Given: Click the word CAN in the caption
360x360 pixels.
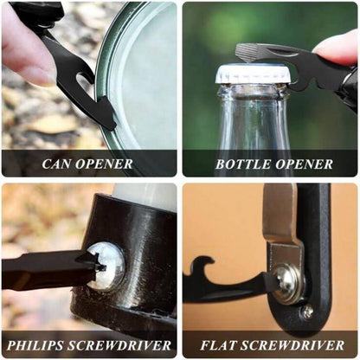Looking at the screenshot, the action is coord(56,164).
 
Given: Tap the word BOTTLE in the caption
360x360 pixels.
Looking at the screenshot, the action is coord(243,164).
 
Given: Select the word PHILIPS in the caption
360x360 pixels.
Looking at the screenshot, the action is coord(35,345).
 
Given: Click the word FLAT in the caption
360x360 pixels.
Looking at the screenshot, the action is coord(218,345).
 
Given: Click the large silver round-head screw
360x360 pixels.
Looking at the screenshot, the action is coord(106,266).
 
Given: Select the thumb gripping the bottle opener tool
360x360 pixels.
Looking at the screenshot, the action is coord(338,49).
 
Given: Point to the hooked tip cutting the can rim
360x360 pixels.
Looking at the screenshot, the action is coord(106,115).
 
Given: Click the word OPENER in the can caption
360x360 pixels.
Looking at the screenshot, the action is coord(104,164).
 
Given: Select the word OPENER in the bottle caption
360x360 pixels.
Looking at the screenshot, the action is coord(304,164).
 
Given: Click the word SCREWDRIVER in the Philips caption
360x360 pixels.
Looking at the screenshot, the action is coord(119,345).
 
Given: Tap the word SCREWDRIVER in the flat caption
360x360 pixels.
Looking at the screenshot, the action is coord(292,345).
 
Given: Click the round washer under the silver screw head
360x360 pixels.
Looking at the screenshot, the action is coord(288,284).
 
